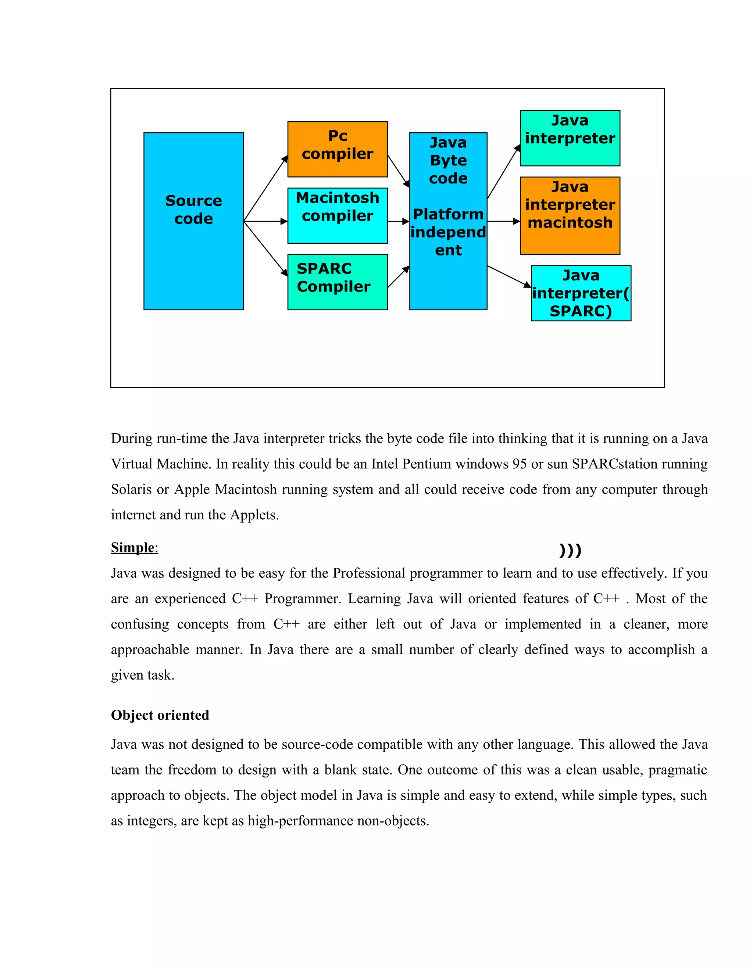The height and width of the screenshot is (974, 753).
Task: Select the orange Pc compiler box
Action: click(x=337, y=149)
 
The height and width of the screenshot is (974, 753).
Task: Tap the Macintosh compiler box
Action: click(x=337, y=215)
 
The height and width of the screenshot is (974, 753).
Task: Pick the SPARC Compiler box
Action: click(x=337, y=282)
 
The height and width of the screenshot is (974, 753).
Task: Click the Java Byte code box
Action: click(x=448, y=221)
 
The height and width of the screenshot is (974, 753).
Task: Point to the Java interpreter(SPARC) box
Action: click(x=581, y=293)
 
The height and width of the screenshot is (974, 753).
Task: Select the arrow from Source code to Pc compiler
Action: click(x=265, y=188)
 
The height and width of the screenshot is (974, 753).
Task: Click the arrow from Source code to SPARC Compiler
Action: click(x=265, y=248)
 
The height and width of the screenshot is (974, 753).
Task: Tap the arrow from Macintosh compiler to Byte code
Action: click(x=398, y=221)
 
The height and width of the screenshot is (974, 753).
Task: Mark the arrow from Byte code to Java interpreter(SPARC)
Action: click(x=509, y=276)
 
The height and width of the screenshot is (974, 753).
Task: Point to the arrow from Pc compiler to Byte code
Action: click(x=398, y=171)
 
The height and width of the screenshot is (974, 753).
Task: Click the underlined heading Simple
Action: click(x=134, y=548)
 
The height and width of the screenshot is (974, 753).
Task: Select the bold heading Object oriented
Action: click(x=160, y=715)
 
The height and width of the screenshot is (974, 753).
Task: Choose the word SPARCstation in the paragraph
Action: click(x=615, y=464)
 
